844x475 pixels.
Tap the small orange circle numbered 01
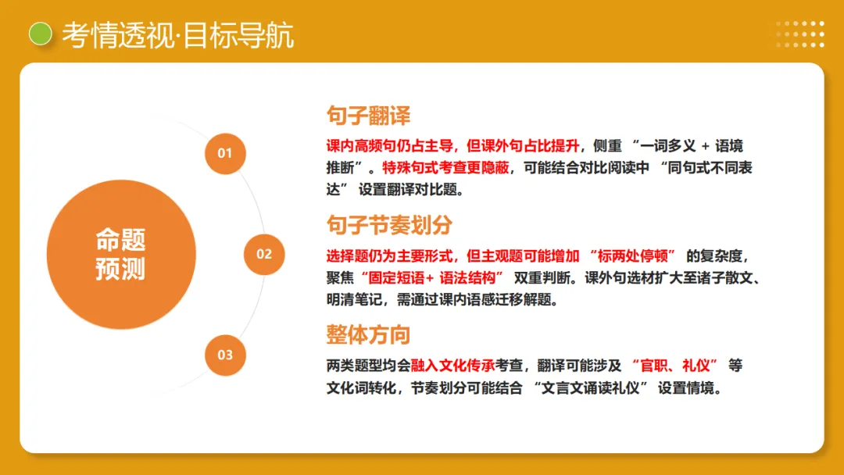(225, 153)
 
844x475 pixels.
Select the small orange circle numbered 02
(264, 253)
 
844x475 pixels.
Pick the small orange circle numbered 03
(225, 355)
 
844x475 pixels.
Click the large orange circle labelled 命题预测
(120, 254)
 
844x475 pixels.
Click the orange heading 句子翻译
(368, 116)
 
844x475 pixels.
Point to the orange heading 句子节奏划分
(389, 225)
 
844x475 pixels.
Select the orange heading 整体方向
(368, 334)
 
